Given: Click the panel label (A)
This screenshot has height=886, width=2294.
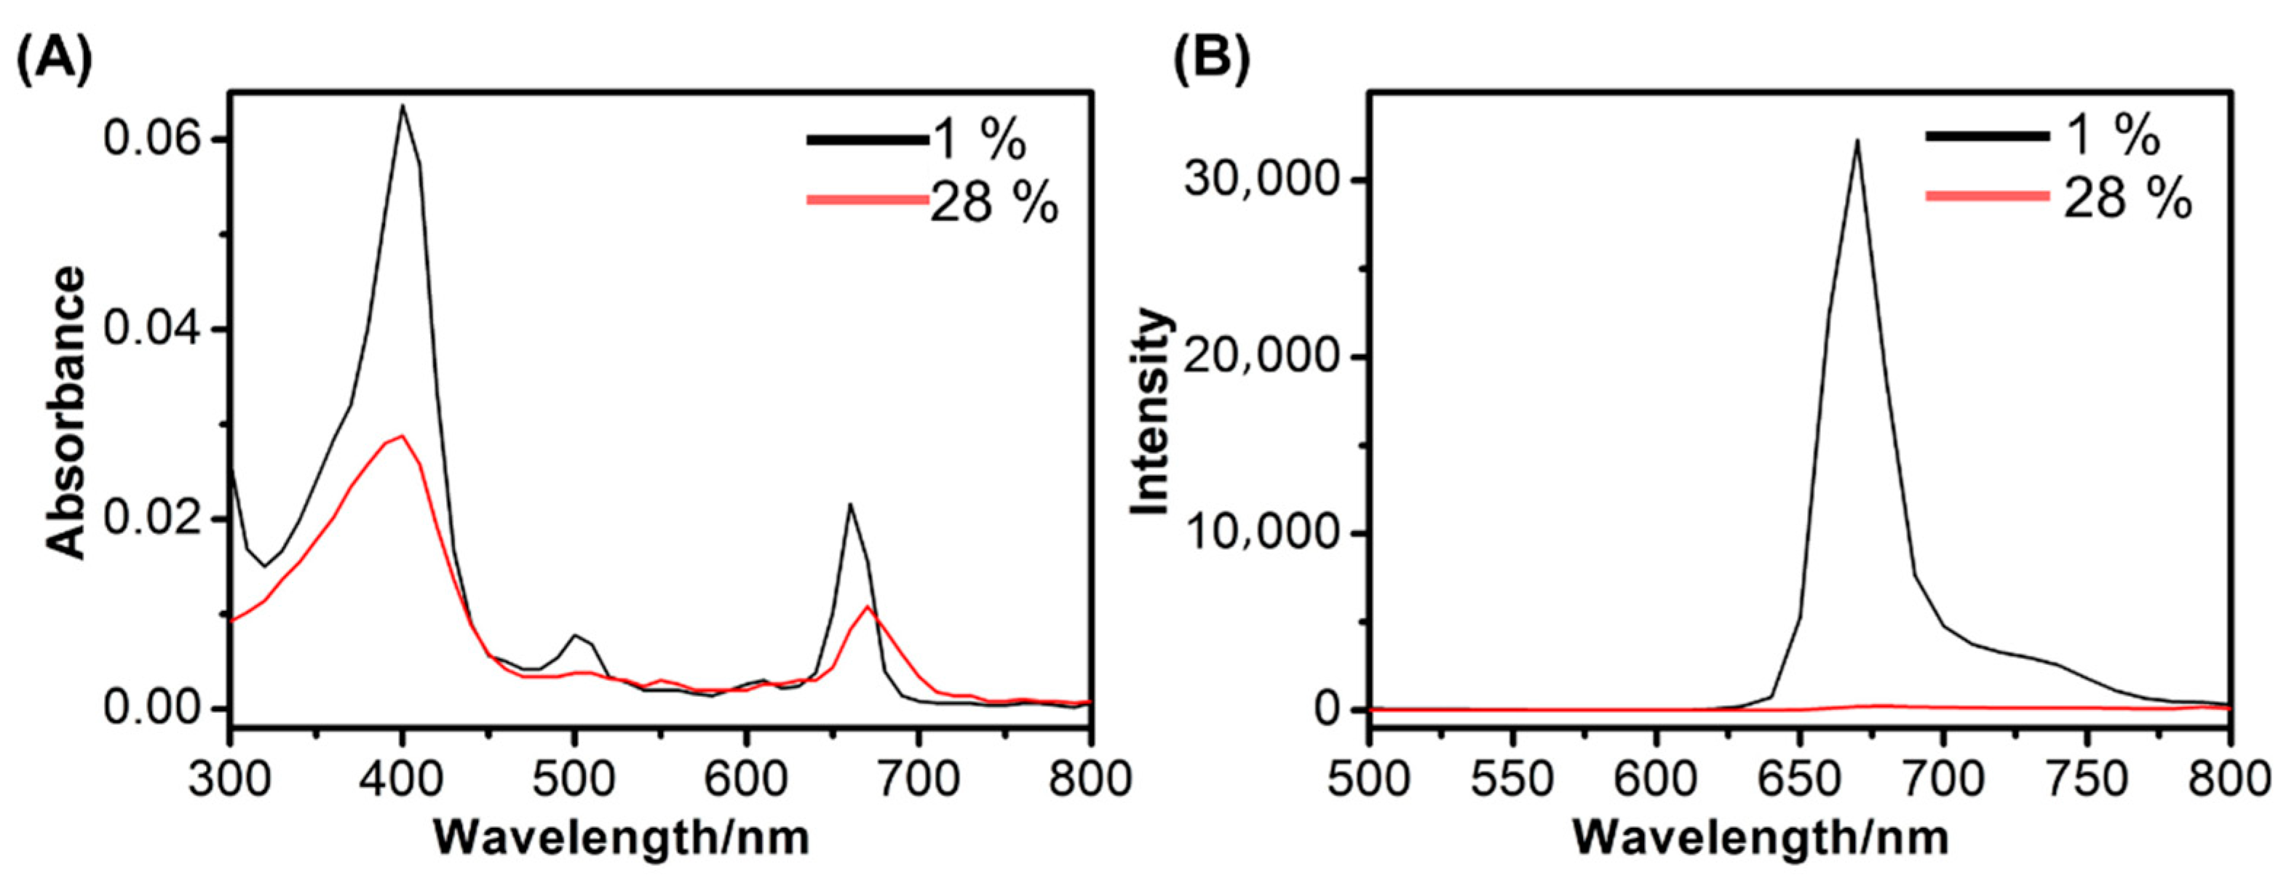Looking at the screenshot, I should coord(53,60).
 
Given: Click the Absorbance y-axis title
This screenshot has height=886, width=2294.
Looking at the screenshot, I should coord(67,413).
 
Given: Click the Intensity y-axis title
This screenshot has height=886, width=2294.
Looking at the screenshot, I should coord(1151,412).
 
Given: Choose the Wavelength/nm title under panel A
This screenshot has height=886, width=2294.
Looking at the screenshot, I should coord(621,838).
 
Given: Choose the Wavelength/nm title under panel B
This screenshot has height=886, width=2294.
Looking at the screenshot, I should coord(1761,838).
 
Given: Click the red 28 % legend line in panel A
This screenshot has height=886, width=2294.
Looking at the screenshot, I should coord(868,199).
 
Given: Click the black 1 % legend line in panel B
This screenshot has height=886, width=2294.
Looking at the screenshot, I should coord(1987,136).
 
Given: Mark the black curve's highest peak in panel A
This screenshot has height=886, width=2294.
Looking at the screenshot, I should coord(402,106).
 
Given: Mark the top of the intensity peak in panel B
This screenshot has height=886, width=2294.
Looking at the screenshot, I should coord(1857,140).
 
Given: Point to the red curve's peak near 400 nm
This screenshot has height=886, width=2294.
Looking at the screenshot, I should coord(402,436).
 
